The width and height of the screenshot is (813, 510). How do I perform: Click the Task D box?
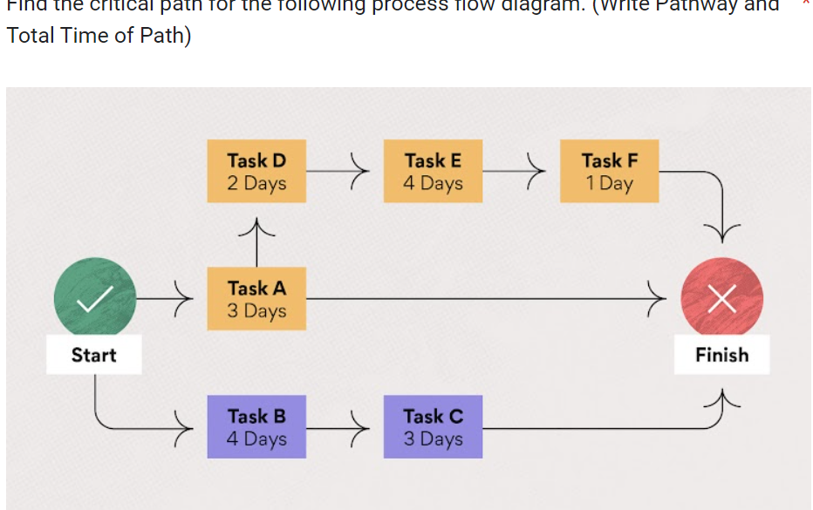point(256,172)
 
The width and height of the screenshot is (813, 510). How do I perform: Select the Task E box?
point(433,172)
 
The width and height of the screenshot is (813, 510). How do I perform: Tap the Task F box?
point(610,172)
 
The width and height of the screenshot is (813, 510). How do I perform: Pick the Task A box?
point(256,299)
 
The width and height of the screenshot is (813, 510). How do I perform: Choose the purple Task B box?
point(256,426)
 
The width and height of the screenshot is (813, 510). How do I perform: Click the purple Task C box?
point(433,426)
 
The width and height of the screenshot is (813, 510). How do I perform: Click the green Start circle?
point(94,298)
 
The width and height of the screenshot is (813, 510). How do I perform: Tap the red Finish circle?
point(722,298)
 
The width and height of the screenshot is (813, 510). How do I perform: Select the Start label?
point(94,355)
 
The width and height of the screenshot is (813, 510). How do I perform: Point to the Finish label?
point(722,355)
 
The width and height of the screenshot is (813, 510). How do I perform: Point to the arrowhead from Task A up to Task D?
point(256,228)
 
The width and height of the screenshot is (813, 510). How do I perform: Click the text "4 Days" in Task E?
point(433,184)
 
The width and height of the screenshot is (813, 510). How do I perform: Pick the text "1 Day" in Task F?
point(610,184)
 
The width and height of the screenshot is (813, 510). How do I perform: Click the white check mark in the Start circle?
point(94,300)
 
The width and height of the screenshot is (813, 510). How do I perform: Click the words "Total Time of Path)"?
point(98,37)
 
